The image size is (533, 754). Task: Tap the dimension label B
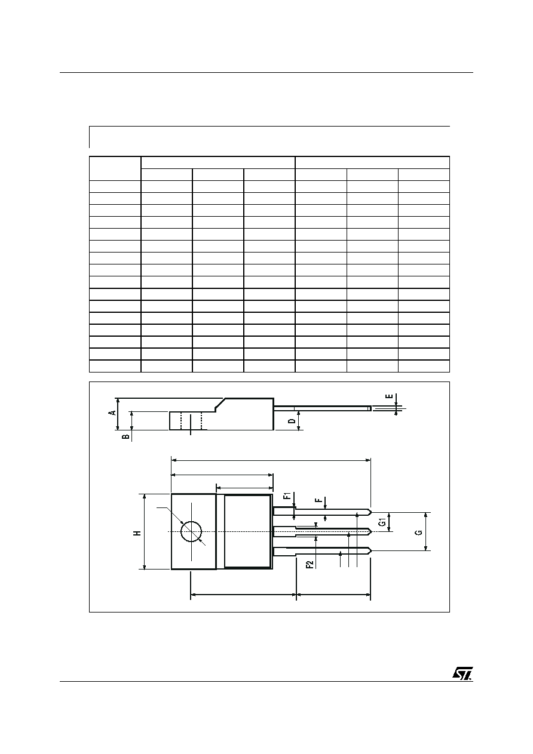(x=125, y=436)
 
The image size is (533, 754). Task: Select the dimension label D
(x=292, y=421)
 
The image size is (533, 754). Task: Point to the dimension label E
(x=389, y=396)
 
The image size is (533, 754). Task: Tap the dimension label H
(x=136, y=533)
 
